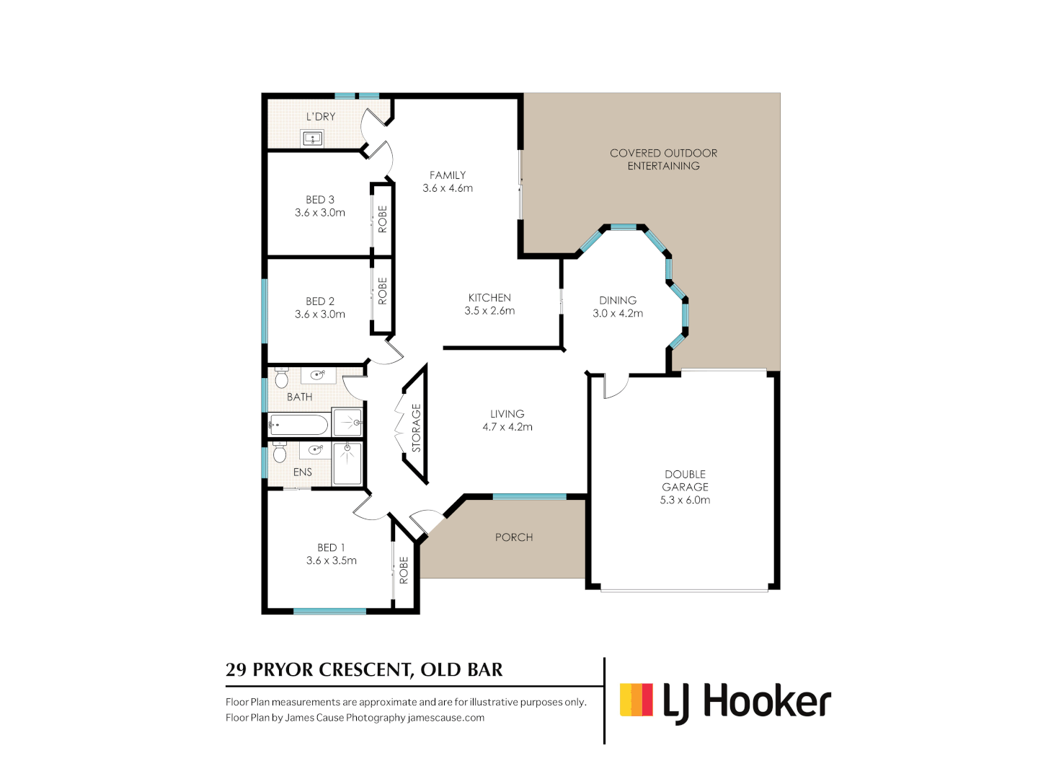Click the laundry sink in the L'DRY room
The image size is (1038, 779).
click(312, 138)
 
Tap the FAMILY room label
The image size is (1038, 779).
click(448, 175)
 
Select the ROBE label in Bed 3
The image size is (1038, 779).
click(383, 219)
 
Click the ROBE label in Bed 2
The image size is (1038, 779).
click(383, 291)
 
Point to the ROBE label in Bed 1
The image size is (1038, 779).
click(404, 570)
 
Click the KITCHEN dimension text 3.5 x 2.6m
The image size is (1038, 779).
click(489, 311)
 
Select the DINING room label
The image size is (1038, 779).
click(618, 300)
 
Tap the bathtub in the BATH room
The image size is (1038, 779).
click(298, 424)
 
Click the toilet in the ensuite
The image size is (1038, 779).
click(280, 452)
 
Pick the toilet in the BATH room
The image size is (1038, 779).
click(282, 377)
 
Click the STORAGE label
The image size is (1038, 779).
click(416, 428)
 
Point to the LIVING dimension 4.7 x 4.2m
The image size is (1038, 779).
click(507, 427)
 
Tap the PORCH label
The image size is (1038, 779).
click(514, 537)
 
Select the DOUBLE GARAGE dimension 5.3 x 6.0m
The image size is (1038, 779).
click(685, 500)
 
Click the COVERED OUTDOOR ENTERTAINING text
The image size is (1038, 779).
click(663, 159)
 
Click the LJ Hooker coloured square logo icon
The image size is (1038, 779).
click(636, 700)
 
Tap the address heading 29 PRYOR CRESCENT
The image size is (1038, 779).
click(364, 670)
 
